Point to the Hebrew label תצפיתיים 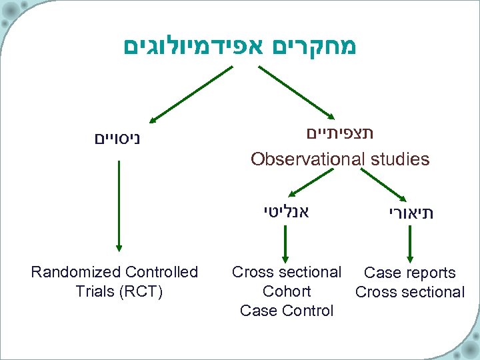(340, 133)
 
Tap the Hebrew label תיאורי (411, 214)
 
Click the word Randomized (75, 272)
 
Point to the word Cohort (287, 291)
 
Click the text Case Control (287, 311)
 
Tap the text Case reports (410, 273)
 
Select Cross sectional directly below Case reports (410, 292)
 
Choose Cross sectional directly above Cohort (287, 272)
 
